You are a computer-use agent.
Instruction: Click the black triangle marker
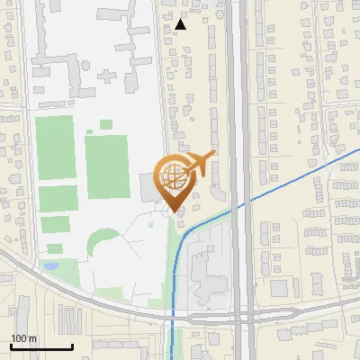click(x=181, y=24)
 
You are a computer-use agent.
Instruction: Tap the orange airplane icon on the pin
click(x=200, y=163)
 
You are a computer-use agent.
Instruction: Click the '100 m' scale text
click(x=23, y=337)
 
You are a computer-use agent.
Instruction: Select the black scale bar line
click(x=41, y=346)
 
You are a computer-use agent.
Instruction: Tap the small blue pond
click(x=49, y=266)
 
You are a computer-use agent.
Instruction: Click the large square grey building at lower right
click(x=282, y=285)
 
